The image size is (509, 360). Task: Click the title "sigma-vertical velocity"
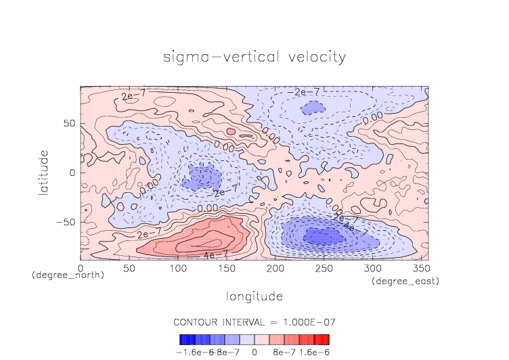click(255, 57)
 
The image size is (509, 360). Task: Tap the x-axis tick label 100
click(177, 269)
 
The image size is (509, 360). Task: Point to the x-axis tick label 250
click(323, 269)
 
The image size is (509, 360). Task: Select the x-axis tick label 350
click(420, 269)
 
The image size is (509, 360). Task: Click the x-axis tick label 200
click(274, 269)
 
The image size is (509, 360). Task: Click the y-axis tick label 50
click(69, 124)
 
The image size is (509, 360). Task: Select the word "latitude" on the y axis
click(44, 173)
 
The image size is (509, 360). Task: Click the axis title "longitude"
click(255, 296)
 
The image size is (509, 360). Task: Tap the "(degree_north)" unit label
click(68, 275)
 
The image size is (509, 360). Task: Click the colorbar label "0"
click(255, 353)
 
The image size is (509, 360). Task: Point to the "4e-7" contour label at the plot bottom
click(215, 255)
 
